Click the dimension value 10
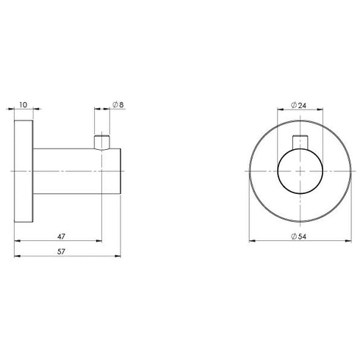point(24,105)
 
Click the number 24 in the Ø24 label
point(302,105)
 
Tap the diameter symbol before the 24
point(294,105)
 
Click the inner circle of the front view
point(299,173)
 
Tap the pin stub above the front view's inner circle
point(299,142)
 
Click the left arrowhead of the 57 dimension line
point(18,256)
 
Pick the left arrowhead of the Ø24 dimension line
point(279,111)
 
